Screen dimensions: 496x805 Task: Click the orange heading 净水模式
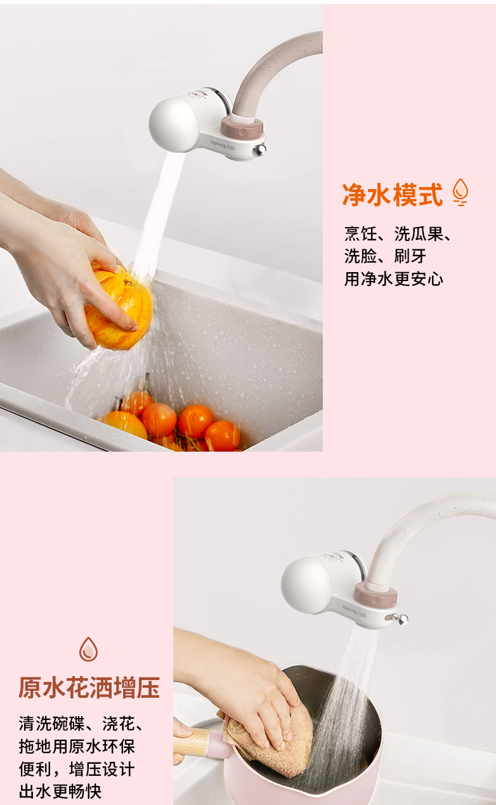(x=392, y=195)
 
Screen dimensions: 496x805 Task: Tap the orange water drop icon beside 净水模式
(x=460, y=192)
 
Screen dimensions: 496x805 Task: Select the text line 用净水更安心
(x=393, y=279)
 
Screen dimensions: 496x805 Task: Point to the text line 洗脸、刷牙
(x=385, y=256)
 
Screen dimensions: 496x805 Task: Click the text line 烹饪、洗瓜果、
(x=398, y=233)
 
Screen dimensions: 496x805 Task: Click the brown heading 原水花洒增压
(x=89, y=688)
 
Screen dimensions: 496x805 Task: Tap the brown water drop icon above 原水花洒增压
(x=88, y=649)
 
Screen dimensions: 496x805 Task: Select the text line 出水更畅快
(x=60, y=791)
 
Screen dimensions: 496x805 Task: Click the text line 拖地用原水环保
(x=77, y=746)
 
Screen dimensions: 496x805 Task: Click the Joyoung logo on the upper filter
(x=223, y=145)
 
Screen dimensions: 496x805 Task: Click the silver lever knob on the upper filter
(x=260, y=149)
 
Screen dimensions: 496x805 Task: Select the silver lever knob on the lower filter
(x=401, y=618)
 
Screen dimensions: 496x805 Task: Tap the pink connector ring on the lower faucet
(x=375, y=594)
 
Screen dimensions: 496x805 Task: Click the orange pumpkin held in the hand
(x=119, y=306)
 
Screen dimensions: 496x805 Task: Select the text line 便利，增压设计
(x=77, y=769)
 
